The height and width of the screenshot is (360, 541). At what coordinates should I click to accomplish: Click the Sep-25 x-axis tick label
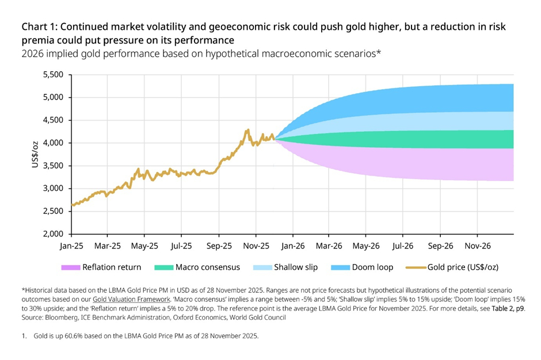pos(218,246)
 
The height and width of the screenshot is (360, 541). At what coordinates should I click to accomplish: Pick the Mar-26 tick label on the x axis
pos(329,246)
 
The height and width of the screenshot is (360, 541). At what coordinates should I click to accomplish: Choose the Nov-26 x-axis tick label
pos(477,246)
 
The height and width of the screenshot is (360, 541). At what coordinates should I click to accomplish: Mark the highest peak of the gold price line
pos(247,130)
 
